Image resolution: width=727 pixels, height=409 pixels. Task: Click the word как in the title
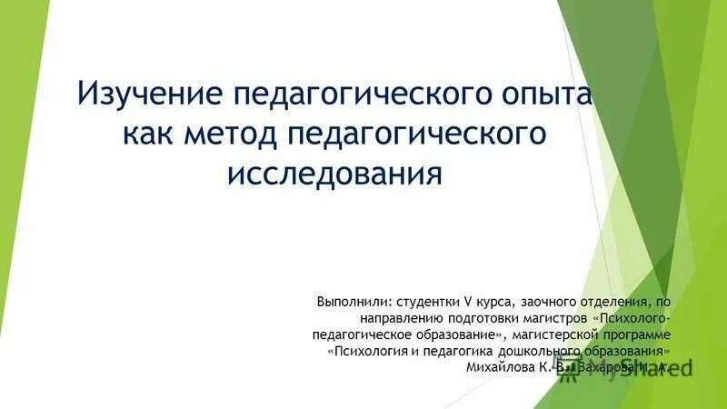click(150, 133)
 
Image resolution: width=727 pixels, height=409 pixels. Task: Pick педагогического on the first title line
click(357, 94)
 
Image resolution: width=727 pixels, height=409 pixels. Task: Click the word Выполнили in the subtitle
click(354, 302)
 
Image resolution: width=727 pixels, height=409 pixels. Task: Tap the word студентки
click(430, 302)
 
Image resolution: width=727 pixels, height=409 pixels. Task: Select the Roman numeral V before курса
click(469, 302)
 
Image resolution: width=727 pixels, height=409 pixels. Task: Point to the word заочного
click(553, 302)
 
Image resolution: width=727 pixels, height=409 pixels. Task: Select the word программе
click(638, 335)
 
